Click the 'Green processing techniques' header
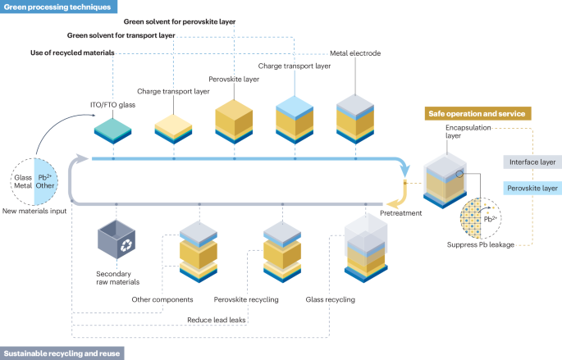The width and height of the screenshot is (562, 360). point(57,7)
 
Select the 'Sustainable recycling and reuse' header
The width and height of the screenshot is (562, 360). point(62,353)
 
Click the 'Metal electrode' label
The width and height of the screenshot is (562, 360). point(355,53)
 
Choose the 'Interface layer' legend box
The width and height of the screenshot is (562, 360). point(532,162)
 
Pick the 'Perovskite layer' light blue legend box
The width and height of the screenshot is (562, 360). point(532,188)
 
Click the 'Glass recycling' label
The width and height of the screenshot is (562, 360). point(330,300)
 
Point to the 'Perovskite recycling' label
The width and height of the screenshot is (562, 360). point(245,300)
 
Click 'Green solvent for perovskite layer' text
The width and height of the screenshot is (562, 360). point(179,21)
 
